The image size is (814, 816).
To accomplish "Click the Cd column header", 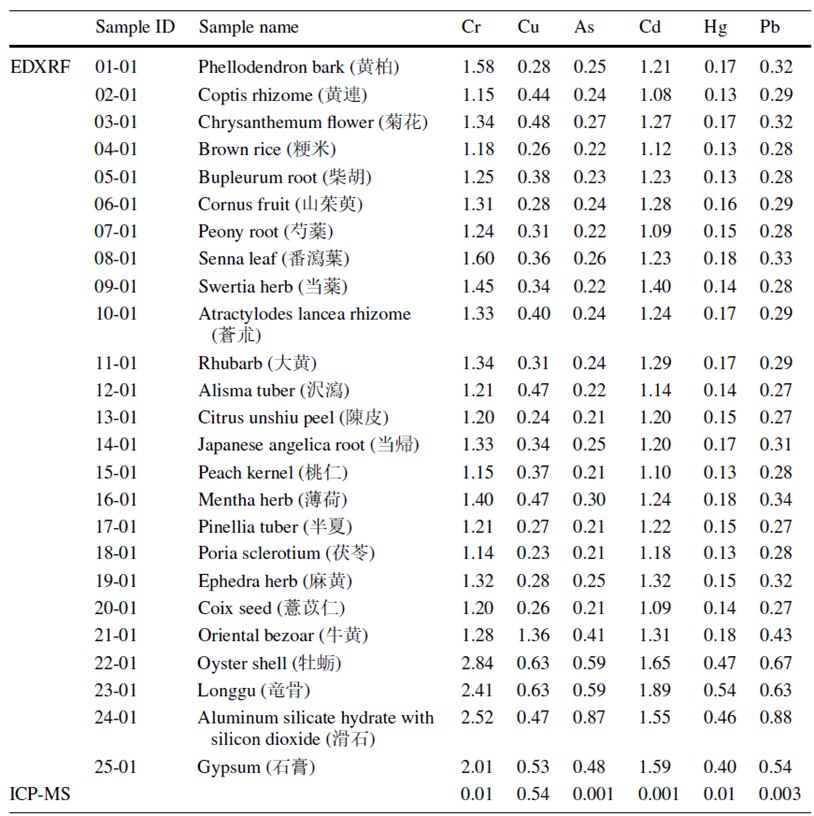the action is point(650,27).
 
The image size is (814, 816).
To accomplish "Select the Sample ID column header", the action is point(135,27).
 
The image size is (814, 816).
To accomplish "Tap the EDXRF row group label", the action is point(40,67).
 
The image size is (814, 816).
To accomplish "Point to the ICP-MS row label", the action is point(40,794).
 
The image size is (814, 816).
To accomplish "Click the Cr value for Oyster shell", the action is point(477,663).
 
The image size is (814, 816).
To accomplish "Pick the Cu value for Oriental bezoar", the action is point(533,635).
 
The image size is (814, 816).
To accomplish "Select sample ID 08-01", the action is point(116,259).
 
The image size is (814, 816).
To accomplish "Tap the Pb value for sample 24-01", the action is point(775,718).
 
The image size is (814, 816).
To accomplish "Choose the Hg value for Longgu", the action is point(720,691).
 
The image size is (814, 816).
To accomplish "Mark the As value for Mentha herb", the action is point(589,500).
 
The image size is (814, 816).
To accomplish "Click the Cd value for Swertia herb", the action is point(655,286).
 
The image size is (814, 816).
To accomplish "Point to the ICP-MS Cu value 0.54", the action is point(533,794).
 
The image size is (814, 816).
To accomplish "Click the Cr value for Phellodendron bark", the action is point(478,67).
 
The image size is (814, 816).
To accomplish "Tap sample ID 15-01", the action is point(116,473).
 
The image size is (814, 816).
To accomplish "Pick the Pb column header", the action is point(770,27).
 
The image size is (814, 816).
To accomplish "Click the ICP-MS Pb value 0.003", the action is point(780,794).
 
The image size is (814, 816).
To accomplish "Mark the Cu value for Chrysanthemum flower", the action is point(533,122).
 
